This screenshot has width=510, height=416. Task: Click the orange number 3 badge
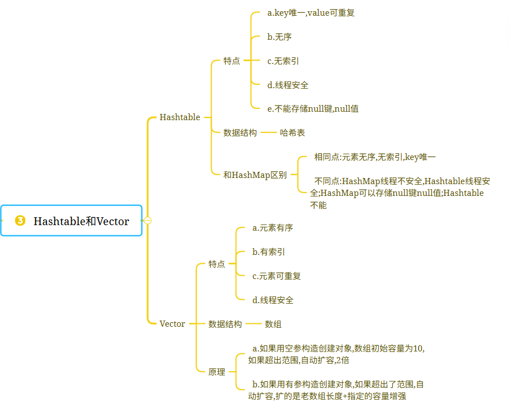tap(20, 221)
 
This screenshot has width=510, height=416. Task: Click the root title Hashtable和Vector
tap(81, 221)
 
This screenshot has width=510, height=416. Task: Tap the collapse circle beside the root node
tap(148, 221)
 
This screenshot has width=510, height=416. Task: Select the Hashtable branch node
tap(180, 117)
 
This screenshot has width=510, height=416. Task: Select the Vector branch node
tap(172, 324)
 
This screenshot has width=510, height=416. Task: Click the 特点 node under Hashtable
tap(232, 61)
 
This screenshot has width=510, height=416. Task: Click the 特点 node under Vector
tap(217, 264)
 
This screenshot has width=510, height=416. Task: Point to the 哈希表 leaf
tap(292, 132)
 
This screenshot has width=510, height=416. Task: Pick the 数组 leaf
tap(273, 324)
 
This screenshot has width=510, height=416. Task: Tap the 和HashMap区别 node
tap(255, 175)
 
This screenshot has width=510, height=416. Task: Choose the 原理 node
tap(217, 372)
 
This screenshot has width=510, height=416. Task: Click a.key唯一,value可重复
tap(311, 13)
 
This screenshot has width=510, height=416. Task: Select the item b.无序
tap(279, 37)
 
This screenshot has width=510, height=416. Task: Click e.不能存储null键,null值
tap(313, 109)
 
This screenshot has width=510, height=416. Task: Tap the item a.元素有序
tap(273, 228)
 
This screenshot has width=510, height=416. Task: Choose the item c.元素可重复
tap(277, 276)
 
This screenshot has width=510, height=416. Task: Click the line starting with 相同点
tap(375, 157)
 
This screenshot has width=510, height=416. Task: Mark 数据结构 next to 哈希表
tap(240, 132)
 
